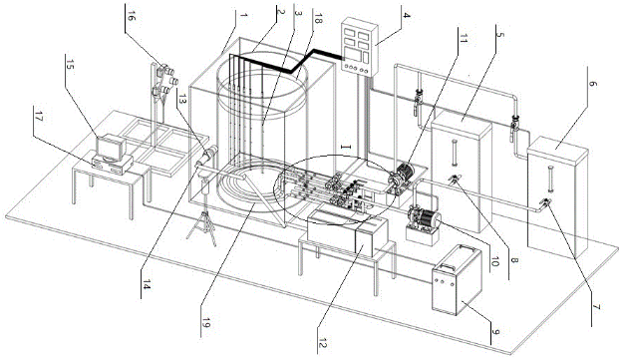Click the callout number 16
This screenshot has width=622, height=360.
[x=131, y=18]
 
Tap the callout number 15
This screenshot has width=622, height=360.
[x=69, y=66]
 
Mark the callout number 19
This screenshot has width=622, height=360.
[x=205, y=323]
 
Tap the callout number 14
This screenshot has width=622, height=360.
[x=147, y=284]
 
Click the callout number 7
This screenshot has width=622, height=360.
[x=597, y=307]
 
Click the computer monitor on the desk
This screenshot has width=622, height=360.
[x=111, y=147]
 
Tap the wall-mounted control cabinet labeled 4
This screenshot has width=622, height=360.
[x=360, y=47]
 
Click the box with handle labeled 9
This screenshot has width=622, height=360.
[x=457, y=280]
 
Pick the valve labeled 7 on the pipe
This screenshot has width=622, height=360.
[x=544, y=204]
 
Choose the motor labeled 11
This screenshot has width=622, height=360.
[x=401, y=176]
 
